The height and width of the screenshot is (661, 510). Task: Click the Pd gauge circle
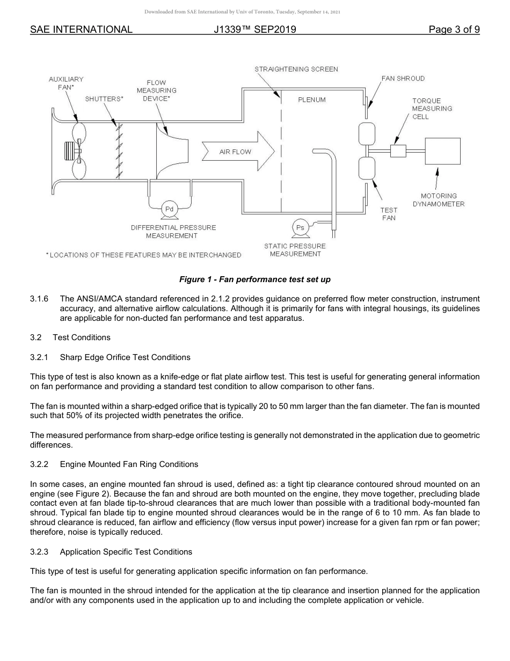[x=169, y=209]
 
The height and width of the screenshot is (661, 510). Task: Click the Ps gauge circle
[x=300, y=227]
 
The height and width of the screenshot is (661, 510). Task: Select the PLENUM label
[x=311, y=100]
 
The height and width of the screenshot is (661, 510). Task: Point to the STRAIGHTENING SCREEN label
[x=296, y=69]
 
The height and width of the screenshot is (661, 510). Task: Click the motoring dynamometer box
[x=442, y=151]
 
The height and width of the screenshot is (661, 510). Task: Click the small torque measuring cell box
[x=398, y=151]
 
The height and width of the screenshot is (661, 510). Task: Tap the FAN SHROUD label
[x=403, y=78]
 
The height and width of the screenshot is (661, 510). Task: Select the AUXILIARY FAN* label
[x=66, y=83]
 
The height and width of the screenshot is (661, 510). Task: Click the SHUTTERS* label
[x=104, y=99]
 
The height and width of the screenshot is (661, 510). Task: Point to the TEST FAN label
[x=389, y=214]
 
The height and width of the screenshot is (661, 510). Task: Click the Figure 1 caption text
[x=255, y=279]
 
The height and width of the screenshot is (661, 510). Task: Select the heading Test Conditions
[x=82, y=337]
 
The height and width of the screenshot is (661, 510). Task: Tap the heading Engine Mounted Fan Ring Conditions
[x=129, y=464]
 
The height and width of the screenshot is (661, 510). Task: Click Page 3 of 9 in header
[x=454, y=30]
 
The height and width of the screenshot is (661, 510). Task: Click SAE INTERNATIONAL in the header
[x=81, y=30]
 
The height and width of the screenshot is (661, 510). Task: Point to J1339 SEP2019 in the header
[x=254, y=30]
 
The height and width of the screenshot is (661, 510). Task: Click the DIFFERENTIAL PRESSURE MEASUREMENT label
[x=173, y=232]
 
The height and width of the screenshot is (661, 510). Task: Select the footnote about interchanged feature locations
[x=143, y=255]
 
